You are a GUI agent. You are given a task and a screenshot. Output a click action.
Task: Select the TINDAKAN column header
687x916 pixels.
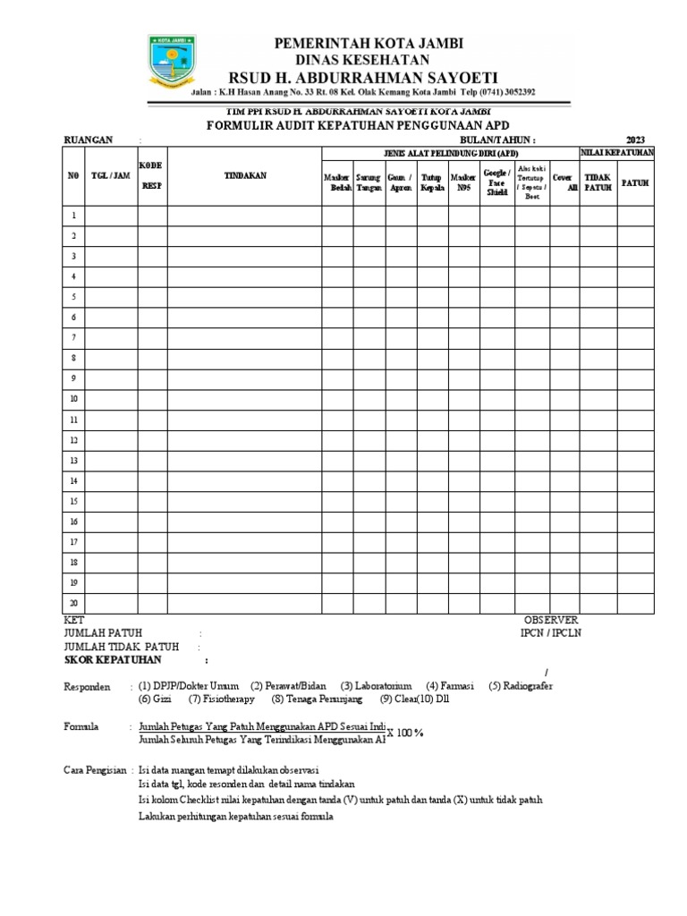tap(244, 176)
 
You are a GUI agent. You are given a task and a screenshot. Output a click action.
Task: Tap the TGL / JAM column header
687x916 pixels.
tap(111, 176)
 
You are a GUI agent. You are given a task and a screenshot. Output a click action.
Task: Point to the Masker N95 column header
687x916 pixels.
tap(463, 183)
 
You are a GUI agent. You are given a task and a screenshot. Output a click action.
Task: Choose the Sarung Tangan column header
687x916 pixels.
tap(368, 183)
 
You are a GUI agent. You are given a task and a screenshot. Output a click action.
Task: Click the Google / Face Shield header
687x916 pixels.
tap(496, 182)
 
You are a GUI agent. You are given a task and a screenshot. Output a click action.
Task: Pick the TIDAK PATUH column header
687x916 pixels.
tap(598, 182)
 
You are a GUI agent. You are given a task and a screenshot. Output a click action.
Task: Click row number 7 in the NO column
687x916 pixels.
tap(74, 338)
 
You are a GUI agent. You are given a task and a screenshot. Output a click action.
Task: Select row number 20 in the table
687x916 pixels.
tap(74, 603)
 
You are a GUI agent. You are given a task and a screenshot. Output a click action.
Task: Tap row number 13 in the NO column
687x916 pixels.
tap(74, 461)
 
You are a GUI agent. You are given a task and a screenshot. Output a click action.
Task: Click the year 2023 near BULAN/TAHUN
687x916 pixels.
tap(635, 140)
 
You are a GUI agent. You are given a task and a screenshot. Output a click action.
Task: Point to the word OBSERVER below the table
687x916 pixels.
tap(551, 620)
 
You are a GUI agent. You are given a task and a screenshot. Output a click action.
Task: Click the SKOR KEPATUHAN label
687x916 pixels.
tap(113, 659)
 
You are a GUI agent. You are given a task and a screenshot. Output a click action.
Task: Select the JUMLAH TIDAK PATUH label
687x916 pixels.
tap(121, 646)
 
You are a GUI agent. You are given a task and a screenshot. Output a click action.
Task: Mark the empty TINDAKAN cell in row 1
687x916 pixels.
tap(244, 216)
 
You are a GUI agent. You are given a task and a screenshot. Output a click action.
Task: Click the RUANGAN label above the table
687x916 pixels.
tap(88, 140)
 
